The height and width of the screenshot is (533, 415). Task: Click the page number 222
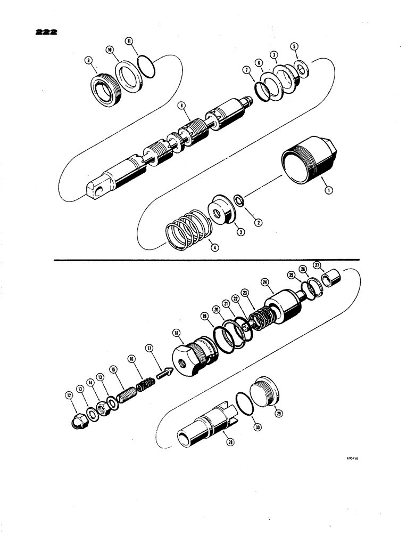tap(45, 31)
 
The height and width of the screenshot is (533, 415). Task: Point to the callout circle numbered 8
tap(182, 107)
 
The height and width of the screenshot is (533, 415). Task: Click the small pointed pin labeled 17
tap(166, 373)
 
